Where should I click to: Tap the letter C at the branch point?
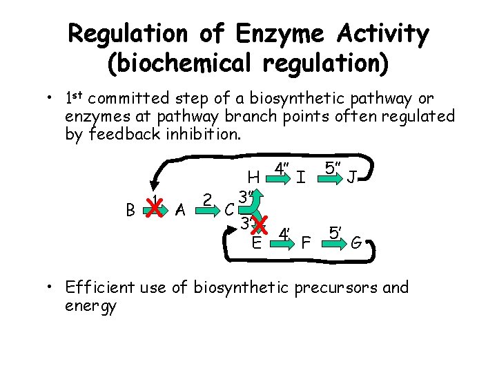[228, 210]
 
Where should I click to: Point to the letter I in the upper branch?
[302, 178]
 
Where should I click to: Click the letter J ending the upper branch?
[352, 178]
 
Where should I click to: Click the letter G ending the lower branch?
[356, 243]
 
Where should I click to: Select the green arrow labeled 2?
[208, 207]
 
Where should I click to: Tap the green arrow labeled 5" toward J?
[333, 178]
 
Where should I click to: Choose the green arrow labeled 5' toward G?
[336, 242]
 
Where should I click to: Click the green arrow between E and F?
[283, 242]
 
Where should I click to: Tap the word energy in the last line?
[90, 305]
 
